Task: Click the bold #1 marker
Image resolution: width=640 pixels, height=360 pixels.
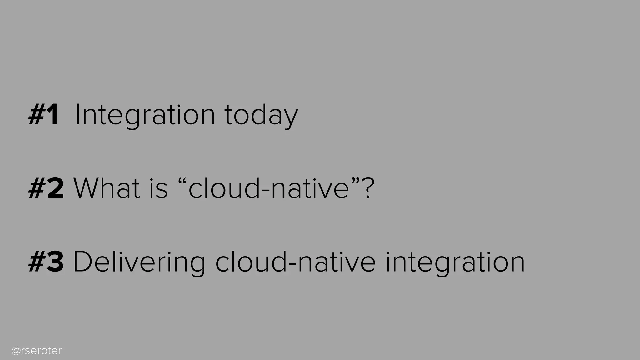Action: pos(44,115)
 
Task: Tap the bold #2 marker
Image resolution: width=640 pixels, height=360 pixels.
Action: pos(46,188)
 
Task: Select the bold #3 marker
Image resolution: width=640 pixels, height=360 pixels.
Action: pos(46,262)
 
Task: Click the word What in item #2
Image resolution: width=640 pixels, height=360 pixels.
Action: pos(107,188)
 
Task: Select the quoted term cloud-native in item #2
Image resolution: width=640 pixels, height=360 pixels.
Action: pos(269,188)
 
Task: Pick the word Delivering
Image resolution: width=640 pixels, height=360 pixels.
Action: pos(139,262)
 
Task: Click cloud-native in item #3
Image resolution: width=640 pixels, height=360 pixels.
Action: pos(295,262)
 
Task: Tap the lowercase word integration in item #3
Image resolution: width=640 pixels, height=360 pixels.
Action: pos(455,262)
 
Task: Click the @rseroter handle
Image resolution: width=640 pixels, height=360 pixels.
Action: pos(37,351)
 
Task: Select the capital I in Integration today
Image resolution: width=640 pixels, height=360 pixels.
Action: pos(77,115)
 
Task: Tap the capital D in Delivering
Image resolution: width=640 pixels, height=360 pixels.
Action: pos(82,262)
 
